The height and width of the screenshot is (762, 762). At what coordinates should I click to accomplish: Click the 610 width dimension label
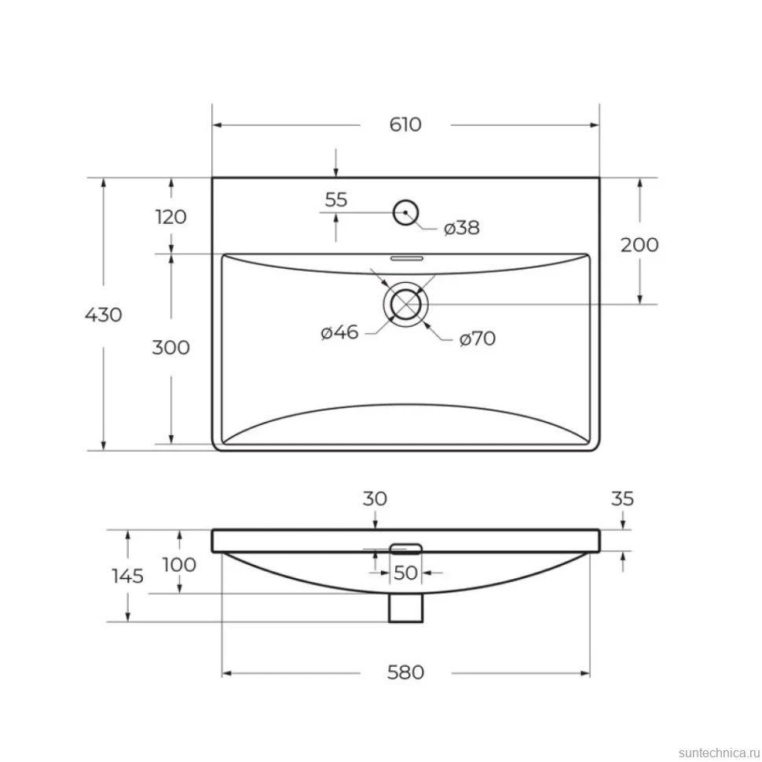point(405,124)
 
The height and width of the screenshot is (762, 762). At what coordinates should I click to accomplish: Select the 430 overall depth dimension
point(104,315)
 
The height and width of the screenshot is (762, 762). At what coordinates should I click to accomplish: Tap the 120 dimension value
point(171,217)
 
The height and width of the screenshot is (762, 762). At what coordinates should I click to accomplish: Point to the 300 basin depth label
point(171,347)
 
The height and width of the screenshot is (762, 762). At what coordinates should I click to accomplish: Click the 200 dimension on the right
point(639,244)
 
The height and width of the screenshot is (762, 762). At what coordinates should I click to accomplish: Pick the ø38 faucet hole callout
point(462,228)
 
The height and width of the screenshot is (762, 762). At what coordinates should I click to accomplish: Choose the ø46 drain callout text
point(339,332)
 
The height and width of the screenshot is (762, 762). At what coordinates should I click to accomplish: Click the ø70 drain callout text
point(477,339)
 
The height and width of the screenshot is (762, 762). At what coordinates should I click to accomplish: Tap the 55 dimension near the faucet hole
point(336,200)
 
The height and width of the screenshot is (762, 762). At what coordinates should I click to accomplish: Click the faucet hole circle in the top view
point(405,200)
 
